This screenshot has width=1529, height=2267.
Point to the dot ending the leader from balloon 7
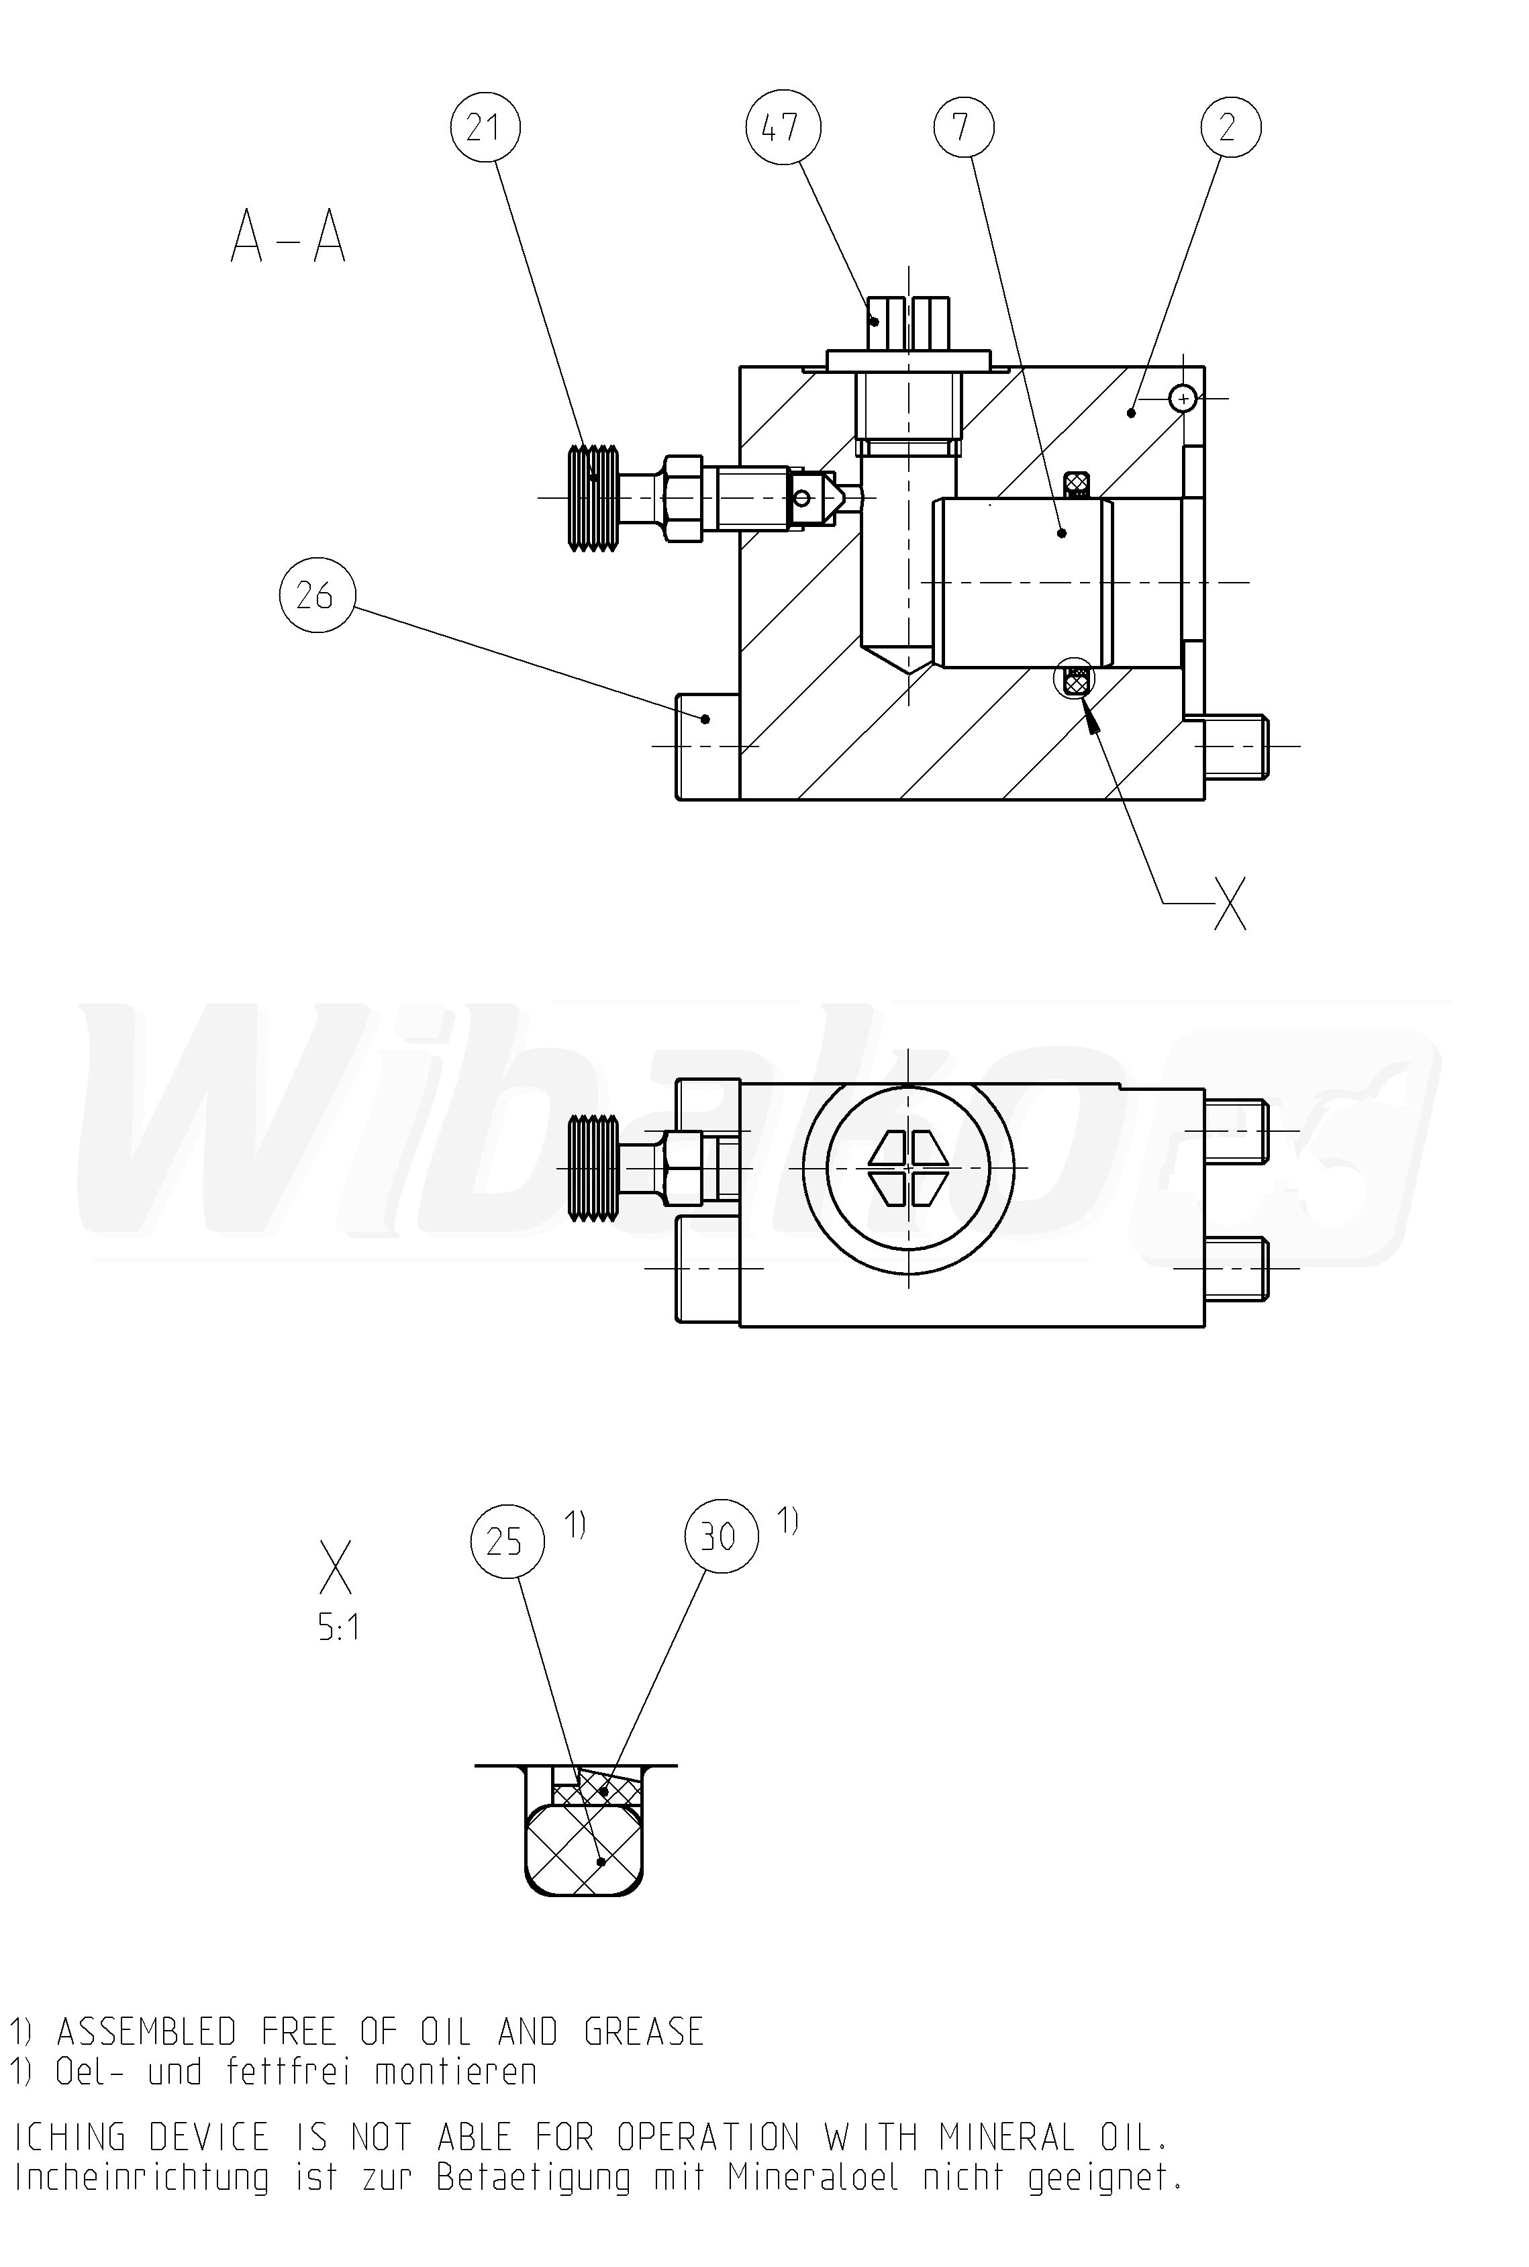(x=1063, y=534)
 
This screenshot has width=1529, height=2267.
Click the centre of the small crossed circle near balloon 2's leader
(x=1183, y=399)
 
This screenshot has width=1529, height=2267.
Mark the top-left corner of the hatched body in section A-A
(x=740, y=367)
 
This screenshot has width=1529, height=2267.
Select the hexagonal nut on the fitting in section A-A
(x=682, y=498)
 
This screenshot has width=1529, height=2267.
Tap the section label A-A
(x=289, y=238)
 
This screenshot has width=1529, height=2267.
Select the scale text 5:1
(x=338, y=1627)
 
